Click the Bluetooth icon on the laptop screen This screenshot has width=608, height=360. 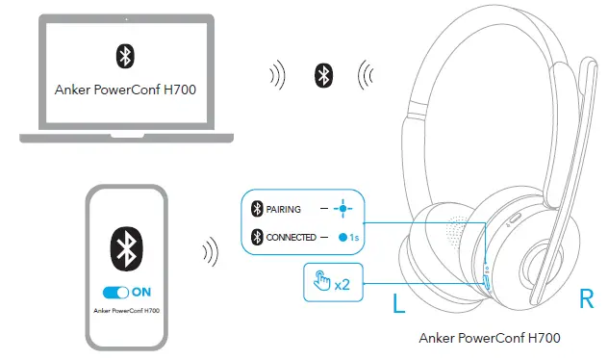pos(124,56)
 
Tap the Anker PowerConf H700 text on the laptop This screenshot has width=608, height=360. pos(122,90)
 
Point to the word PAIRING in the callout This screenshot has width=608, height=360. pos(285,209)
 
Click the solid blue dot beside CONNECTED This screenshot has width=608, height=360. pos(342,237)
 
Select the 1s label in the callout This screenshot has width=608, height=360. pos(355,237)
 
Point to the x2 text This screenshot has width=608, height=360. pos(342,284)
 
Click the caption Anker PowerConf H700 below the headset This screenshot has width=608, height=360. pos(490,338)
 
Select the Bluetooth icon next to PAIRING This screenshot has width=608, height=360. pos(257,209)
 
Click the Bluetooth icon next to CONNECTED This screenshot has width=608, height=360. pos(257,237)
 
